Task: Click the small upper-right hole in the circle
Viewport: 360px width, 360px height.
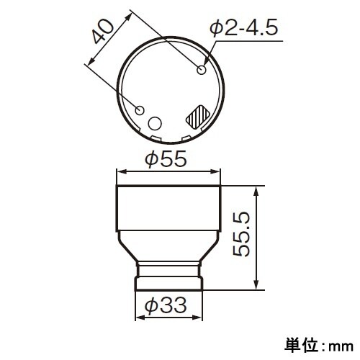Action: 202,70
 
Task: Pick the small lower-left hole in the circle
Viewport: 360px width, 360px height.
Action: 141,110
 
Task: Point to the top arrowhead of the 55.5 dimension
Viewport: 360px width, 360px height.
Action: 256,189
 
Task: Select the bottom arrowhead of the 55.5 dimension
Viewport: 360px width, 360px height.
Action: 256,286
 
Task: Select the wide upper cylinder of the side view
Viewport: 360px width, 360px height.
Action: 168,209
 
